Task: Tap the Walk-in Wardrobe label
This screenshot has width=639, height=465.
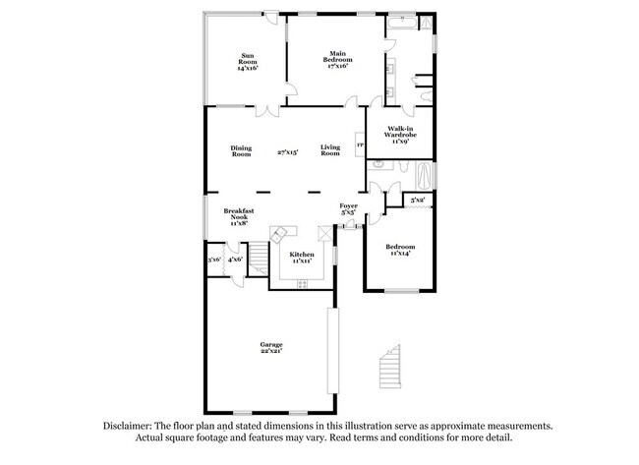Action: point(399,134)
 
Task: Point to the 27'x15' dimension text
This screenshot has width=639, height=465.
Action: point(288,151)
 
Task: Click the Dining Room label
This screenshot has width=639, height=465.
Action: point(241,151)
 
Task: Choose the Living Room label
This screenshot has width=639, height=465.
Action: point(330,151)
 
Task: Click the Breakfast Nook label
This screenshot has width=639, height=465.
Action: point(239,216)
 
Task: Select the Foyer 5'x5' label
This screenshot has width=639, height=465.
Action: point(348,209)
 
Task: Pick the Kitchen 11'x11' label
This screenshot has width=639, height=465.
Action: point(301,258)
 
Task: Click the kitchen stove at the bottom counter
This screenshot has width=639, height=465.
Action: point(302,283)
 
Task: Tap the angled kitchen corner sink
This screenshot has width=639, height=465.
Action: point(282,233)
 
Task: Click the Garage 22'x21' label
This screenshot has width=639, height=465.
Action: point(271,348)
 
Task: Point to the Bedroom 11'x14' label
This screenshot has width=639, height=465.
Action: point(399,249)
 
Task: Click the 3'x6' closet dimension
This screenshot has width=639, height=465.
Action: point(213,260)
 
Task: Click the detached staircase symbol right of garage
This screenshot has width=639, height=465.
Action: point(390,365)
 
